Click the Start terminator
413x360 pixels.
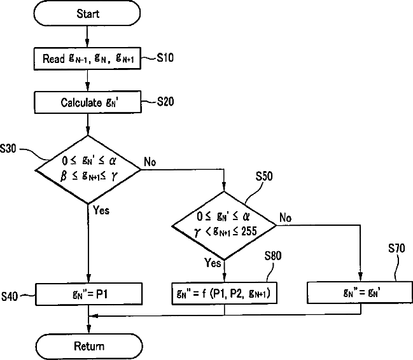[87, 13]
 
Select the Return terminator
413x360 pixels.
[89, 346]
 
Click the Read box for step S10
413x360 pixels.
[87, 59]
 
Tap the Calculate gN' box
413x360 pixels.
[88, 102]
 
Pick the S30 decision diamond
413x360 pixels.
[88, 169]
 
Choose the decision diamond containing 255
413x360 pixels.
[224, 225]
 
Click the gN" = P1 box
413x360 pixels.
[89, 294]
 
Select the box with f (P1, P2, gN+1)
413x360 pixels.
[225, 293]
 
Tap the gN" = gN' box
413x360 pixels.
[360, 293]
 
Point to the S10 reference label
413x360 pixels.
[165, 58]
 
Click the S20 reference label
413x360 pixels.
[165, 102]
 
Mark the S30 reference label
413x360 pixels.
[8, 149]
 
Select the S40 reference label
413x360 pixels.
[10, 296]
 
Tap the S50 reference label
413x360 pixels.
[264, 176]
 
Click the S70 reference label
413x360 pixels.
[396, 248]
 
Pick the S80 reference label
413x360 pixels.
[273, 256]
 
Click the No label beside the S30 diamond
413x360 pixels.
[150, 162]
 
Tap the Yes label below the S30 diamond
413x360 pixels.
[101, 210]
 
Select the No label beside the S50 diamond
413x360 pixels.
[286, 218]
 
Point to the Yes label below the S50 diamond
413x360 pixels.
[213, 263]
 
